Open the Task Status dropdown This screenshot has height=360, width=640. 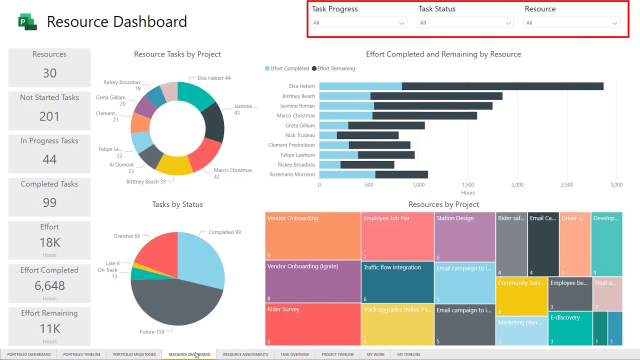pos(465,23)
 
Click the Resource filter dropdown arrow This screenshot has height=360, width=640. pos(614,23)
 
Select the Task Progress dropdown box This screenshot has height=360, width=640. pos(358,23)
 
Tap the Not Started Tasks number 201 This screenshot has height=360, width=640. pos(49,116)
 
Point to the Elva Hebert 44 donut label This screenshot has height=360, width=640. pos(214,78)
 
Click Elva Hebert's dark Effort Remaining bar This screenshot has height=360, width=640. pos(502,86)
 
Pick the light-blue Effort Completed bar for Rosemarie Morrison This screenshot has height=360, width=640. pos(347,174)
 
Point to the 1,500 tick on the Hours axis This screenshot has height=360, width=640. pos(468,185)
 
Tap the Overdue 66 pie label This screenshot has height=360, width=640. pos(126,236)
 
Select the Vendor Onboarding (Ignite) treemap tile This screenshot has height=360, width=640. pos(313,281)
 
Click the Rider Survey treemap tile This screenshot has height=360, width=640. pos(313,324)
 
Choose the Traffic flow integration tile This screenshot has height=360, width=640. pos(397,282)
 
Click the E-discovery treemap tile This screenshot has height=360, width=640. pos(570,328)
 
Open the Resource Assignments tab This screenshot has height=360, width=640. pos(245,354)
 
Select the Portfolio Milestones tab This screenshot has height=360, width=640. pos(134,354)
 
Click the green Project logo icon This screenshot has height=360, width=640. pos(27,22)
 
